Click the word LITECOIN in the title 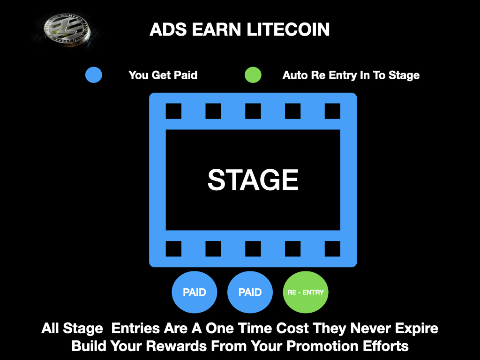click(x=288, y=30)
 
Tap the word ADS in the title click(x=168, y=30)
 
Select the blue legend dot click(x=94, y=75)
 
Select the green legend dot click(x=253, y=75)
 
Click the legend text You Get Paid click(x=163, y=75)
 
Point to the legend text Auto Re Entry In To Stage click(x=351, y=75)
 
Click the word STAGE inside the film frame click(x=253, y=180)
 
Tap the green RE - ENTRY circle click(x=306, y=292)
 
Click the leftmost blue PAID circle click(x=195, y=292)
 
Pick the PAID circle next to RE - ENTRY click(x=250, y=292)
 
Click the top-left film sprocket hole click(x=173, y=111)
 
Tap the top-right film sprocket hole click(x=332, y=111)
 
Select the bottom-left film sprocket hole click(x=173, y=248)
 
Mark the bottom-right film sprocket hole click(x=332, y=248)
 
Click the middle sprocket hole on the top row click(x=253, y=111)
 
